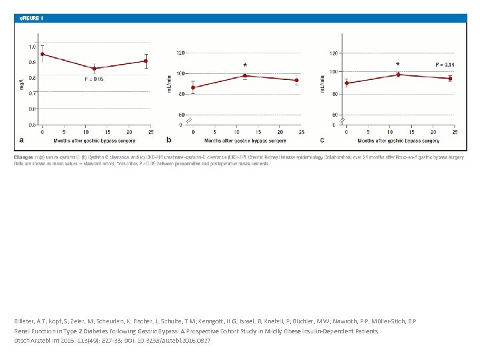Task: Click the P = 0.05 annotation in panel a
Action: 94,79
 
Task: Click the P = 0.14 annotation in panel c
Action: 445,65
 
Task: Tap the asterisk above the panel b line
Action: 245,65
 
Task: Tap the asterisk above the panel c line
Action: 398,65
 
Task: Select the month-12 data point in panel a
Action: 94,69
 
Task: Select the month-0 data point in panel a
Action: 42,54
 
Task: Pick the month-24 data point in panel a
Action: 146,61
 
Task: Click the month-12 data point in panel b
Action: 245,76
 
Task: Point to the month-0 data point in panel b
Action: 193,87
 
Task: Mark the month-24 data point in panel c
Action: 450,79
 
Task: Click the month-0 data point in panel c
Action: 347,83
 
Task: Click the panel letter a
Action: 21,140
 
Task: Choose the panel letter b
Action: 168,140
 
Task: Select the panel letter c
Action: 322,140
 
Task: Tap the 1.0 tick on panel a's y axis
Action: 32,47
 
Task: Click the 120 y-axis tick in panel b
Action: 181,52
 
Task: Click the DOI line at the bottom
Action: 112,341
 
